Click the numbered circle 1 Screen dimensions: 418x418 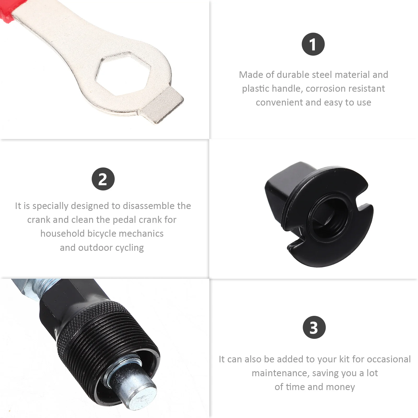point(313,44)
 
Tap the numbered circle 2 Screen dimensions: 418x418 point(103,179)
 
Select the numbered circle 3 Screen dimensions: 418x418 point(314,327)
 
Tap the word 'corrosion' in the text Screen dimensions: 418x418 point(324,89)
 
